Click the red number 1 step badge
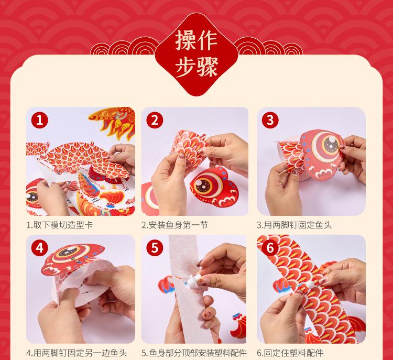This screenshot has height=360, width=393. click(39, 120)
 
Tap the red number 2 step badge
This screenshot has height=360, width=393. click(155, 120)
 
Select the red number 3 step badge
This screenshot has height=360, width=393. click(270, 120)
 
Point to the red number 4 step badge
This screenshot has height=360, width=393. click(39, 248)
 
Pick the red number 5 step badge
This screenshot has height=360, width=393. click(155, 248)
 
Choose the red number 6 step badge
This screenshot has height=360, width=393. click(270, 248)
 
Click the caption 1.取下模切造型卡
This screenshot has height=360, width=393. click(60, 225)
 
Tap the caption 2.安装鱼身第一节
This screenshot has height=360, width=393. click(174, 225)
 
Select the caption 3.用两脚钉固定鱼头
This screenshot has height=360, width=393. click(294, 225)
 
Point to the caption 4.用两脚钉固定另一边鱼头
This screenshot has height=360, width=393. click(77, 353)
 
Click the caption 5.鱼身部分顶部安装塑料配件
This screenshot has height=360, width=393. click(194, 353)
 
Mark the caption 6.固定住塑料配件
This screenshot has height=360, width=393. click(290, 353)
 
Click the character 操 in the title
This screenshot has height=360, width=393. click(185, 41)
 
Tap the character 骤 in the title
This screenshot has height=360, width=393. click(208, 67)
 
